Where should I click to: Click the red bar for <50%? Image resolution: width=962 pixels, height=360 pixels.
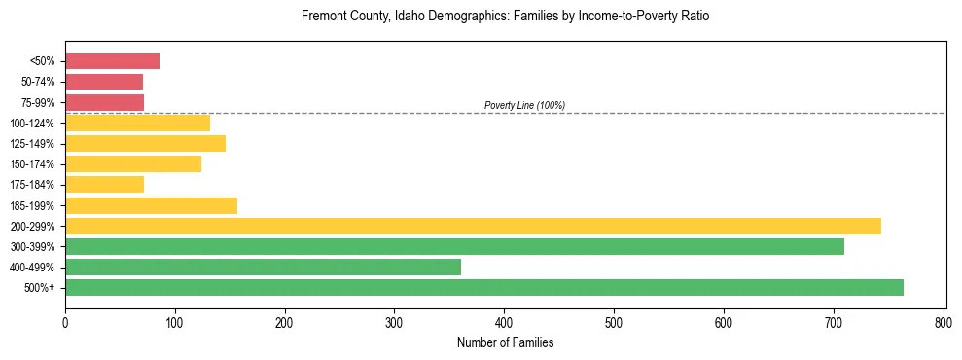112,61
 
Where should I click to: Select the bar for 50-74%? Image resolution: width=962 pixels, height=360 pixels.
104,82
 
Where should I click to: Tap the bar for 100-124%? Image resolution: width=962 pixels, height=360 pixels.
137,123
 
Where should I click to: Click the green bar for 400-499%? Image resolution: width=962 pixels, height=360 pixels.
263,267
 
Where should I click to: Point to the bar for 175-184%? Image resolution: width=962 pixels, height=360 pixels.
104,184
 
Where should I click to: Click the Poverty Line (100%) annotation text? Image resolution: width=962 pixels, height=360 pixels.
524,105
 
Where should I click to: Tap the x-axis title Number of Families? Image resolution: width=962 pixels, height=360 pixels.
505,342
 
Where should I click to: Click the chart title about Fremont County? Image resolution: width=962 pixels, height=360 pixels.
505,17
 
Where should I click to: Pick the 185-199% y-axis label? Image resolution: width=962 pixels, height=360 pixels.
34,206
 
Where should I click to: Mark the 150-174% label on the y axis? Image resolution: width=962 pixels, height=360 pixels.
34,164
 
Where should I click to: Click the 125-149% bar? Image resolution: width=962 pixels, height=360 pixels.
145,143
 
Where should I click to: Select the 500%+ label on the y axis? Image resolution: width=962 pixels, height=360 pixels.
40,288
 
